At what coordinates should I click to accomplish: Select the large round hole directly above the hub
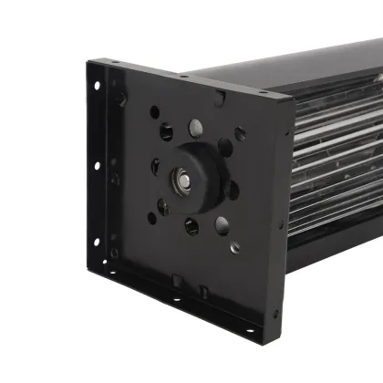[x=196, y=128]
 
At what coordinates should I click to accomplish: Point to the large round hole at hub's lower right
[x=223, y=223]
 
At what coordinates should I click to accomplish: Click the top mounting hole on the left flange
[x=96, y=86]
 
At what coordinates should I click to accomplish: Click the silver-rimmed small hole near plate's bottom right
[x=235, y=247]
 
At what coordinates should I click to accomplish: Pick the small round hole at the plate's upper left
[x=154, y=112]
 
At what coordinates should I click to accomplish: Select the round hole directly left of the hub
[x=155, y=167]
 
